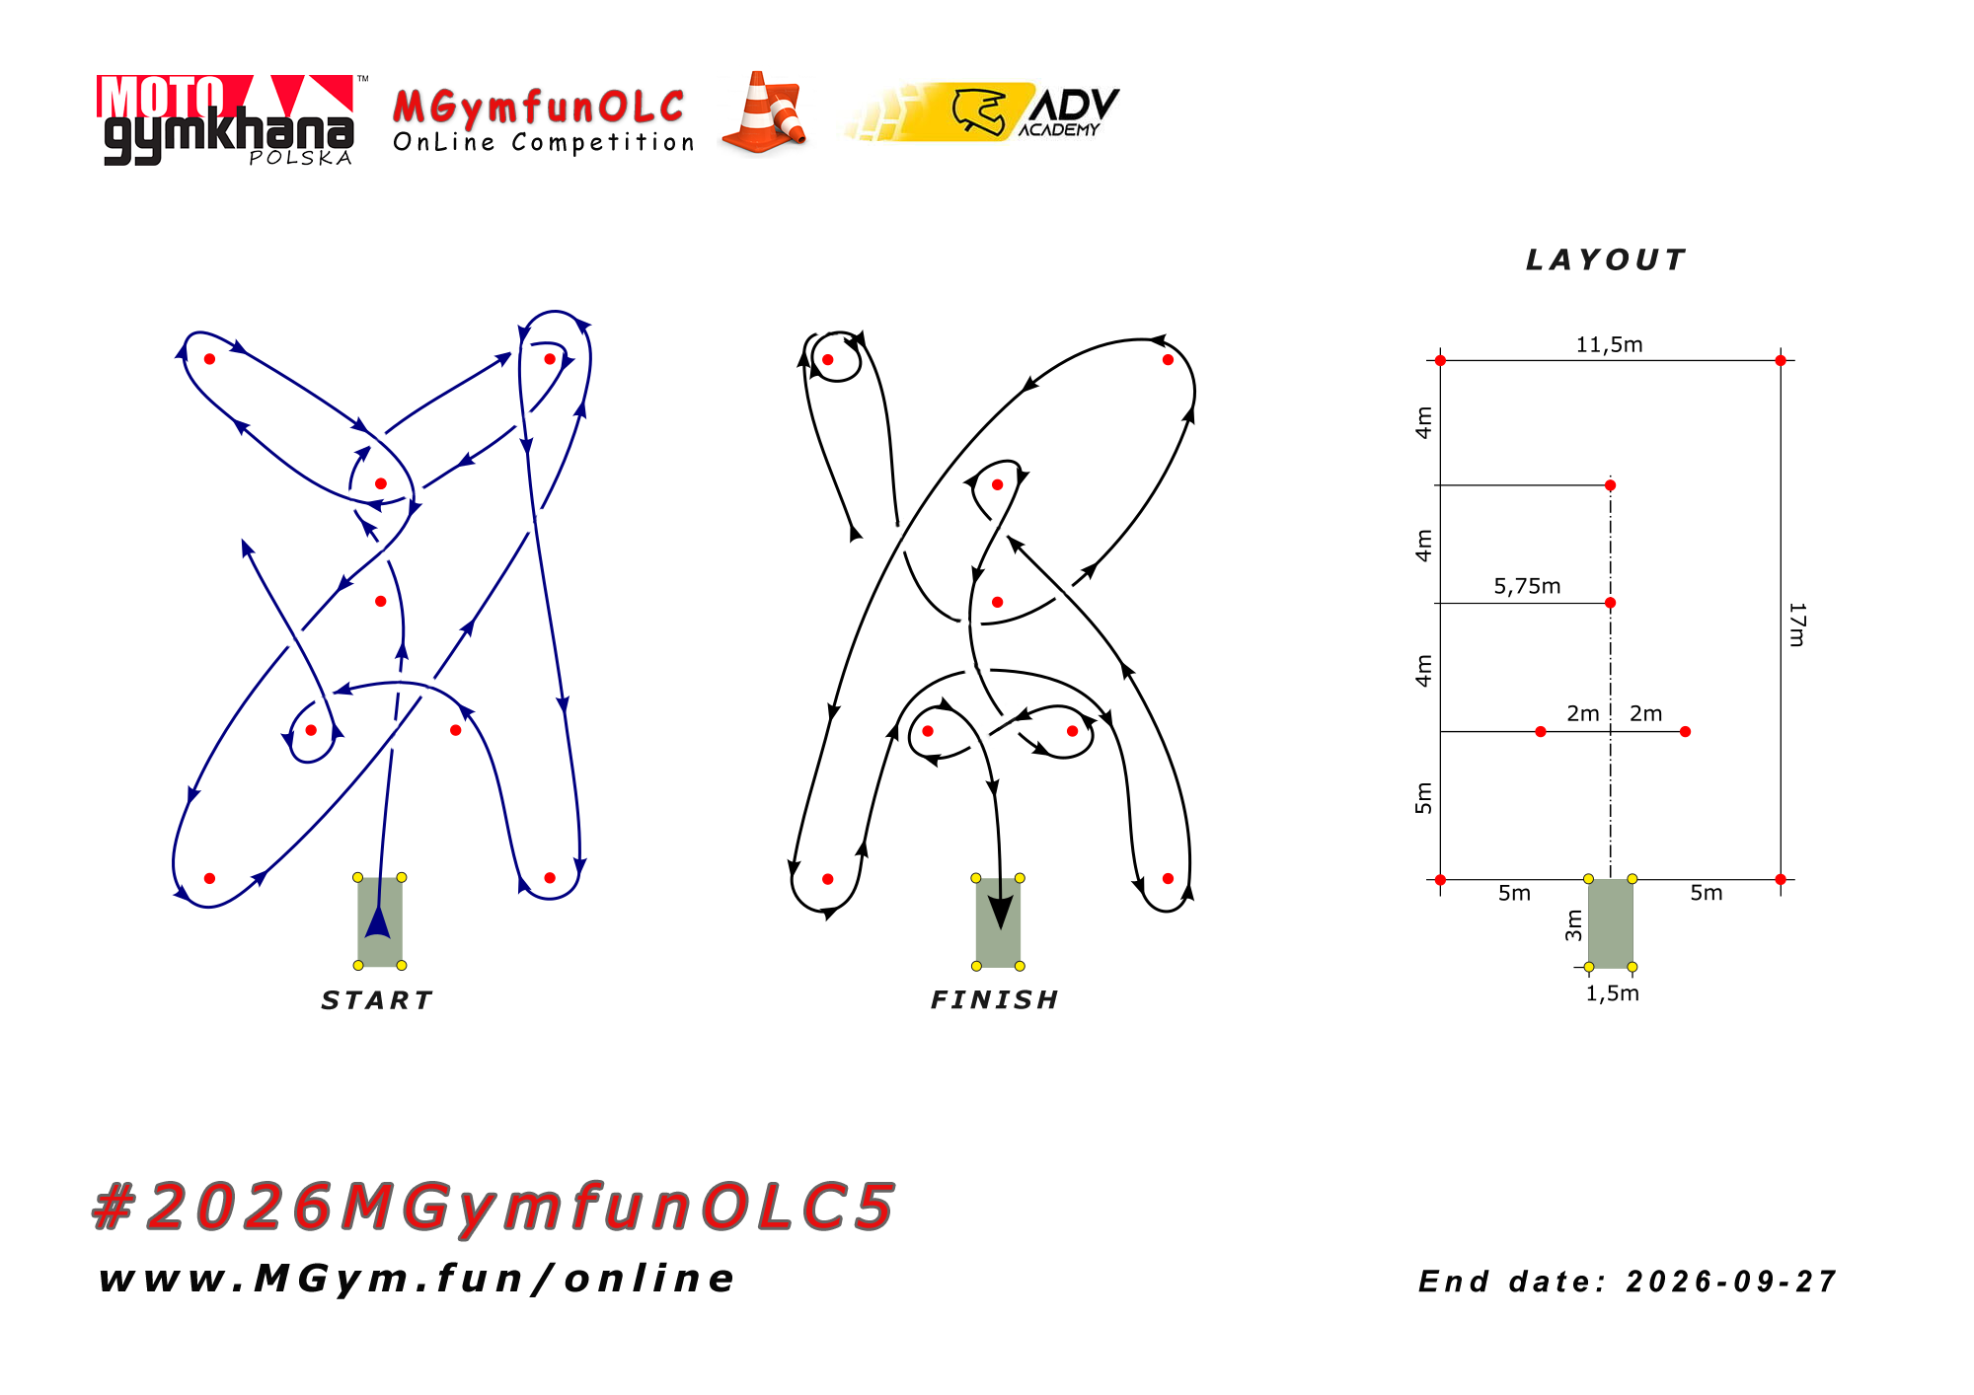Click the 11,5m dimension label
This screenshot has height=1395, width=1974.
coord(1609,344)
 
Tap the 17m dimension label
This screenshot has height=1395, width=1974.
coord(1797,624)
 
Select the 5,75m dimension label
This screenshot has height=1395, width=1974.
coord(1527,586)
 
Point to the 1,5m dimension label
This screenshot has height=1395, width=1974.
coord(1612,993)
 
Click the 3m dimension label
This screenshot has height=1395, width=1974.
coord(1573,925)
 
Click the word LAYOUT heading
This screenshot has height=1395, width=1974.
coord(1606,259)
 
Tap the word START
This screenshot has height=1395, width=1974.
coord(377,1000)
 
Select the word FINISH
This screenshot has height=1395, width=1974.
coord(995,1000)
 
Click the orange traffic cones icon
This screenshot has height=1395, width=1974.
coord(764,112)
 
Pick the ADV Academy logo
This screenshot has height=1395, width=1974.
coord(983,111)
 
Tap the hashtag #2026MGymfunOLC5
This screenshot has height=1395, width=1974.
coord(493,1207)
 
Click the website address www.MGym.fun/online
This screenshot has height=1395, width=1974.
coord(417,1279)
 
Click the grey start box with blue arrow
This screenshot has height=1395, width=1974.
coord(380,921)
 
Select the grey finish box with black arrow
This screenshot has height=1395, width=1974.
coord(998,922)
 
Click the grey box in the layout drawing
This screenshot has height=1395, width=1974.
coord(1610,923)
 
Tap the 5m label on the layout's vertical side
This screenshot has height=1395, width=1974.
coord(1422,798)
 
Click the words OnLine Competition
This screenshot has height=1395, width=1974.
coord(544,142)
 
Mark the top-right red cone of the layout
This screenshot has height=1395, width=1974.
coord(1781,360)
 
